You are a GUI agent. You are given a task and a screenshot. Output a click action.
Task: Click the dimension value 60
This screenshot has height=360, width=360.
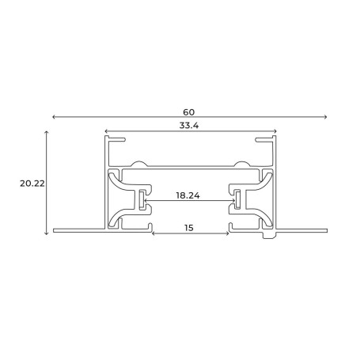tap(189, 112)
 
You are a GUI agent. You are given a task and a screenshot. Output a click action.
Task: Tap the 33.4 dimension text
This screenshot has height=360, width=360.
tap(189, 126)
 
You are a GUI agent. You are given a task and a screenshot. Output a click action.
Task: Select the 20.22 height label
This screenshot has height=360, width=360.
tap(32, 184)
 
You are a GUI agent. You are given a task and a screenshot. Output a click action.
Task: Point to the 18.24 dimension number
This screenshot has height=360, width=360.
tap(188, 195)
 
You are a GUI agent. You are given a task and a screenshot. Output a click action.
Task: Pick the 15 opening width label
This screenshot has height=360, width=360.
tap(189, 228)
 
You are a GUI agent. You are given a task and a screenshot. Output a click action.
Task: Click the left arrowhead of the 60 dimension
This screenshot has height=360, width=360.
tap(54, 117)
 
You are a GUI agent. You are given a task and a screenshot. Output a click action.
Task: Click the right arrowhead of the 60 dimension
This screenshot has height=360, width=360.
tap(326, 117)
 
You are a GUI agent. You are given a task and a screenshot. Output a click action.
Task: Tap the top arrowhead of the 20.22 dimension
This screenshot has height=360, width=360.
tap(47, 132)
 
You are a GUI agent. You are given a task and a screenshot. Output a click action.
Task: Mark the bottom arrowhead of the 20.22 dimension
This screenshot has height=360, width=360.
tap(47, 233)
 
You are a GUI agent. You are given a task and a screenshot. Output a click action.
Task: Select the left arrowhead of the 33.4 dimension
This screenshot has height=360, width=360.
tap(106, 131)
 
